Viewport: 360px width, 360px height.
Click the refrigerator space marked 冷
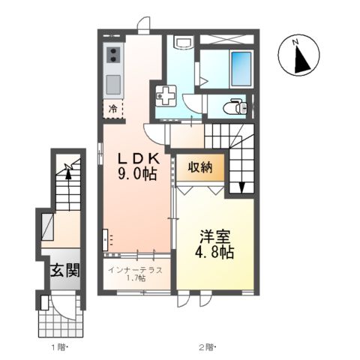coord(113,108)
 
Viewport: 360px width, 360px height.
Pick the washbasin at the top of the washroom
coord(182,43)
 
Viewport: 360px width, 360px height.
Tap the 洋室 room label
coord(213,233)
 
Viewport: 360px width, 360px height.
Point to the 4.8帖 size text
coord(213,251)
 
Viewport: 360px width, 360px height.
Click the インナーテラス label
coord(137,268)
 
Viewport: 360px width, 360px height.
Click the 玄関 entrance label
coord(64,268)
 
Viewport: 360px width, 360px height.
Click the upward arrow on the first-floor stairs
coord(68,174)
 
